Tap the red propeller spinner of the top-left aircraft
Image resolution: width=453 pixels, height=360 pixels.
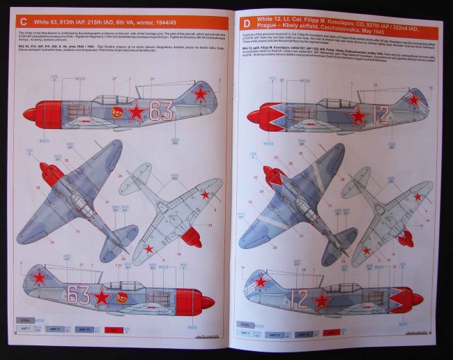[x=32, y=113]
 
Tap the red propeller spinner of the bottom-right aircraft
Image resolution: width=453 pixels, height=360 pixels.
[x=417, y=299]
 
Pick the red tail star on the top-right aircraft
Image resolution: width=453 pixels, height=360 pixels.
[x=415, y=100]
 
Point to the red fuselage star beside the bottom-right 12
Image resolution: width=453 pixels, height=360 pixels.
[x=322, y=300]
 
